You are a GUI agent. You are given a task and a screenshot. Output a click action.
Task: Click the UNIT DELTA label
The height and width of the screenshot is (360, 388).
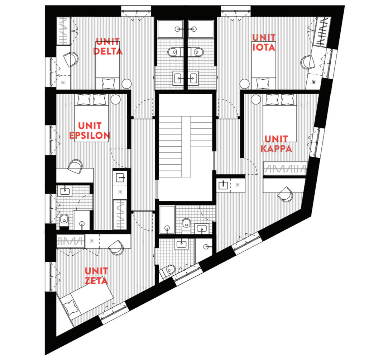point(108,47)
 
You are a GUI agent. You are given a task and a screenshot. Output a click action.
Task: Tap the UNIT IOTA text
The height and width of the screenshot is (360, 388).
point(264,42)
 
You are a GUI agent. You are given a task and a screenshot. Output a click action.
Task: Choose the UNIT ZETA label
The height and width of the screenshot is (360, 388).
point(96,276)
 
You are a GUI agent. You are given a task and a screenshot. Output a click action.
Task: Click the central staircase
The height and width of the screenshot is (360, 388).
point(185,147)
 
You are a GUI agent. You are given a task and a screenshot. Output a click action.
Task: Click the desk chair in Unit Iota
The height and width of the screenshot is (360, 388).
point(308,62)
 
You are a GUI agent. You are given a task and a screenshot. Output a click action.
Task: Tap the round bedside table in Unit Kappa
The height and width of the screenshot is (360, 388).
point(255,99)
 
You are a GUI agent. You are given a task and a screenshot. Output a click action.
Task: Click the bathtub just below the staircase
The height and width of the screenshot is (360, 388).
point(167,219)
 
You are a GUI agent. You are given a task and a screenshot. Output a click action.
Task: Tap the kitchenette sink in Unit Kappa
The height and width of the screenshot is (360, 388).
point(223,185)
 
